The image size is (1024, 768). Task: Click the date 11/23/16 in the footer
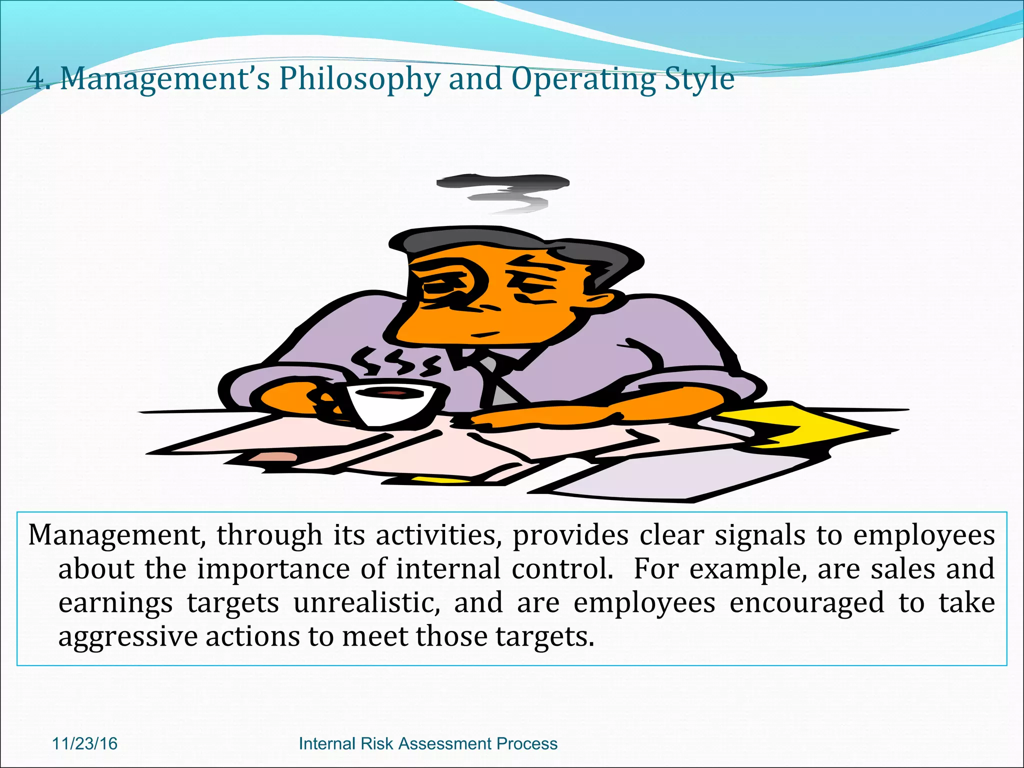pyautogui.click(x=84, y=743)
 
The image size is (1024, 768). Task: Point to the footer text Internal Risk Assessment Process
pyautogui.click(x=427, y=743)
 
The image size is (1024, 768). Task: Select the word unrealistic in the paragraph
pyautogui.click(x=366, y=602)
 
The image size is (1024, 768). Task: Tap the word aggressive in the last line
pyautogui.click(x=128, y=637)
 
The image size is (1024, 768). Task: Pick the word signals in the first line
pyautogui.click(x=759, y=535)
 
